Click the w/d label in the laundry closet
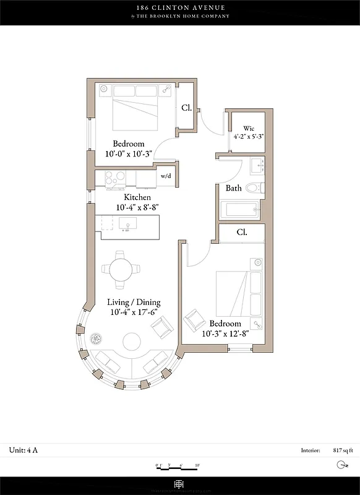pyautogui.click(x=165, y=176)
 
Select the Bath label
pyautogui.click(x=233, y=188)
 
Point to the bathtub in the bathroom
pyautogui.click(x=245, y=209)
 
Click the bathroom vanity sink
pyautogui.click(x=257, y=166)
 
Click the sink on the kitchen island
pyautogui.click(x=128, y=224)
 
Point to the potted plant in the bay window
pyautogui.click(x=96, y=338)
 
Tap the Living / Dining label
pyautogui.click(x=134, y=303)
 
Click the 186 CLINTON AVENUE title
pyautogui.click(x=180, y=7)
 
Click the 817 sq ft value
pyautogui.click(x=341, y=451)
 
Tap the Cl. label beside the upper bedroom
pyautogui.click(x=186, y=108)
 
